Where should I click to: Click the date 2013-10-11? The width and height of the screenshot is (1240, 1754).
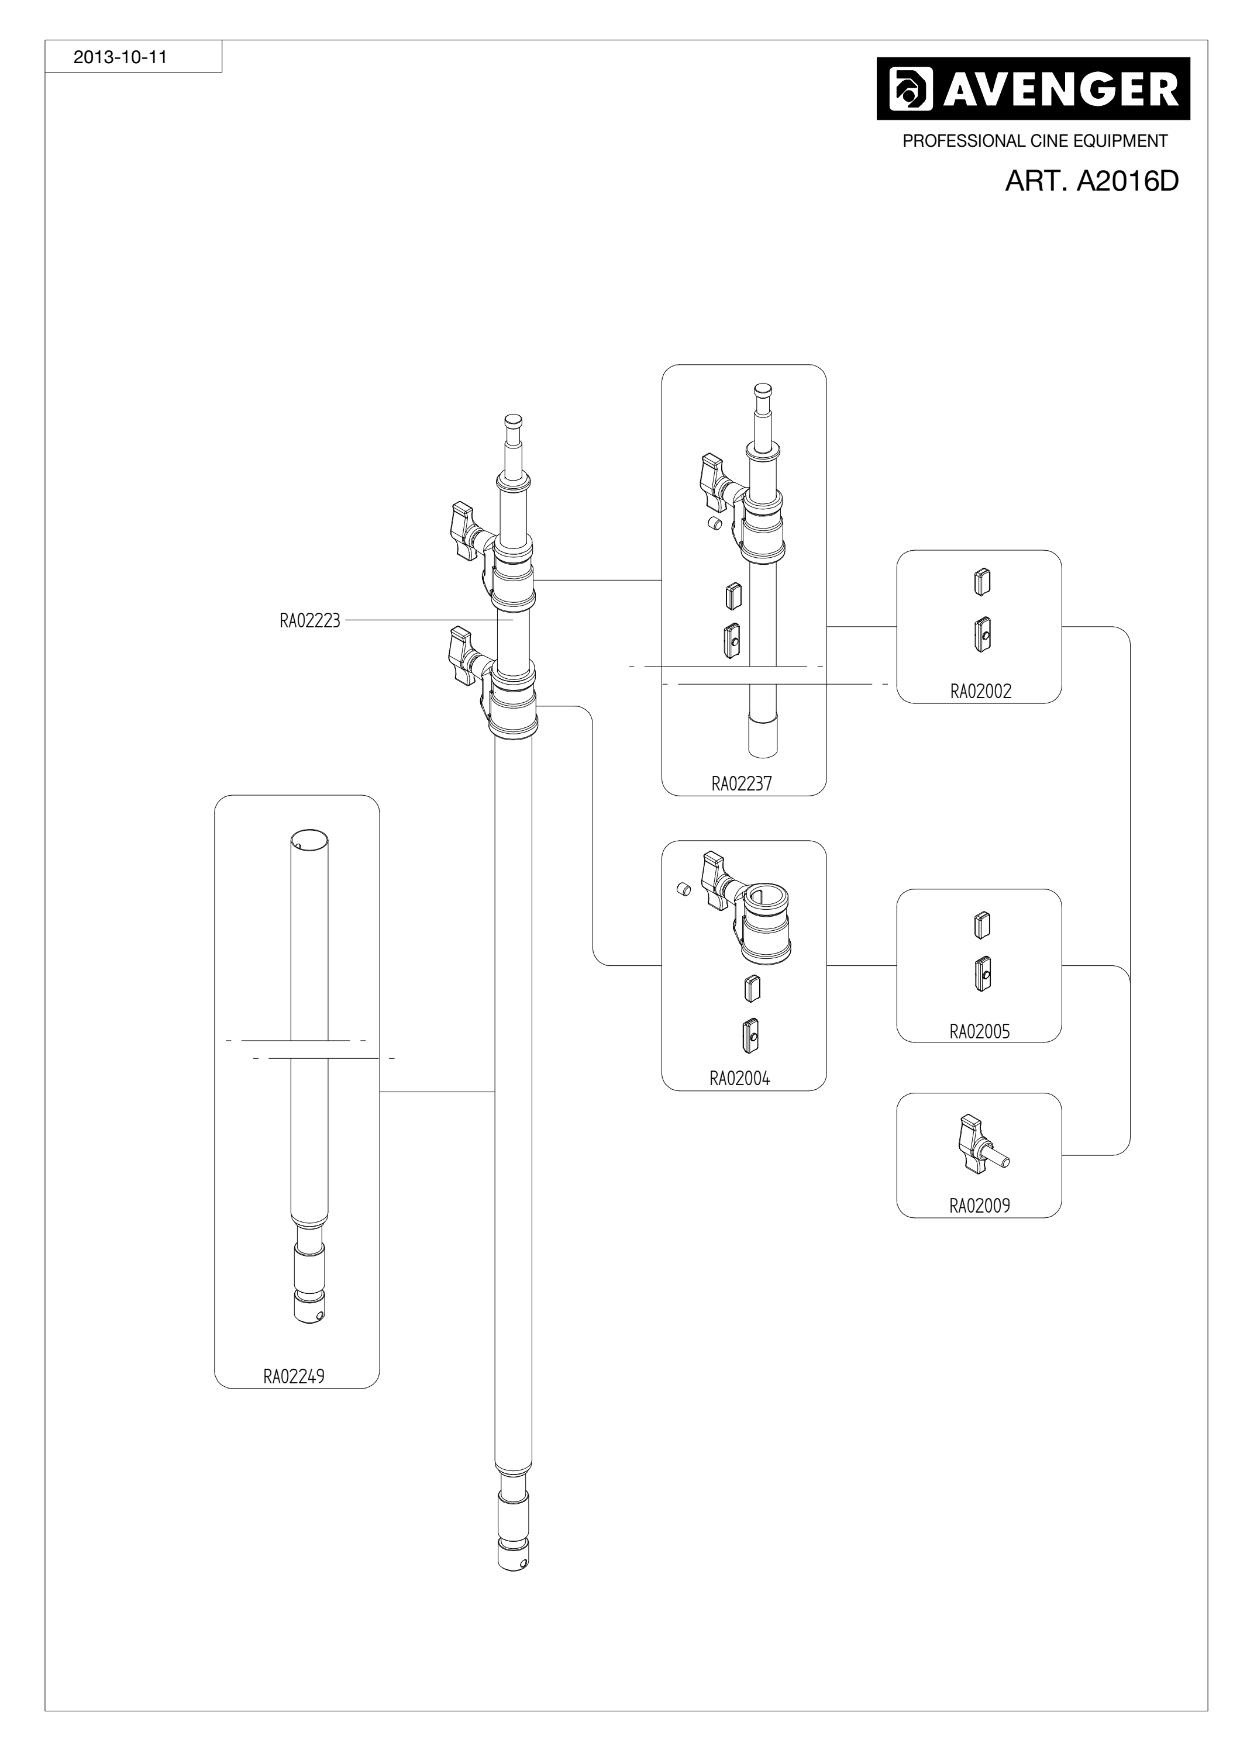tap(120, 57)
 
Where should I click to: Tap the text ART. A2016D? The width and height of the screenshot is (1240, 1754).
tap(1092, 181)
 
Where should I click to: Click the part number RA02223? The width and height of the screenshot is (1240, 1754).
tap(309, 620)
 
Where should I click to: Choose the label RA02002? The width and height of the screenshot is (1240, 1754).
tap(980, 691)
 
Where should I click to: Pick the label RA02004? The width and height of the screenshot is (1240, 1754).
tap(739, 1078)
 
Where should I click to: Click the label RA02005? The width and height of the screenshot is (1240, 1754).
tap(980, 1031)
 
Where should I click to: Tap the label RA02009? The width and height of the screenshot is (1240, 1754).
tap(980, 1206)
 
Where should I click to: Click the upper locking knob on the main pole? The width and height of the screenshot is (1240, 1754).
tap(464, 530)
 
